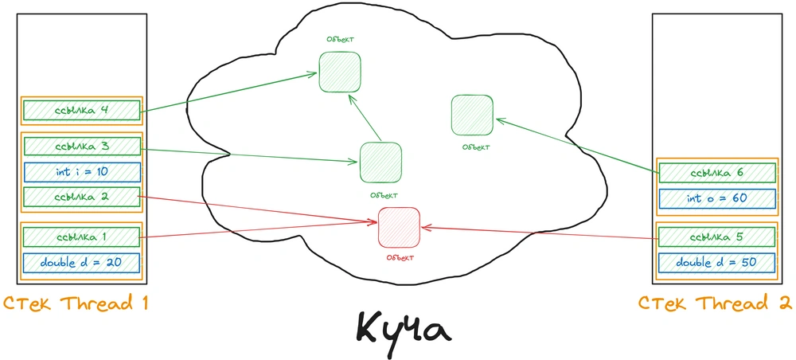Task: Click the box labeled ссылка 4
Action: (x=82, y=110)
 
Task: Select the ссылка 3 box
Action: (x=82, y=147)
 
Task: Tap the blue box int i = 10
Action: (x=82, y=171)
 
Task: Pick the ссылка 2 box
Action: (x=82, y=197)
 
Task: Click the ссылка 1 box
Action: (x=82, y=237)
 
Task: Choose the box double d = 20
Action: (x=82, y=263)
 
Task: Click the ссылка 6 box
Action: (x=717, y=173)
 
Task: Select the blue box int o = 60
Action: (x=717, y=198)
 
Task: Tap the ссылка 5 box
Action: (x=717, y=237)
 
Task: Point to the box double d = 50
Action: (x=717, y=262)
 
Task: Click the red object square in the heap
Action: (x=399, y=227)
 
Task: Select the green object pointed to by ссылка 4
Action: (x=340, y=72)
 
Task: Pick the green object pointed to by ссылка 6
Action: (x=472, y=115)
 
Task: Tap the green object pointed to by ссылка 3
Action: (x=380, y=162)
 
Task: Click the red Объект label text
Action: (x=400, y=257)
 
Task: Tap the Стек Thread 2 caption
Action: (x=715, y=303)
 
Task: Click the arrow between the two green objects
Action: (x=365, y=117)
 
